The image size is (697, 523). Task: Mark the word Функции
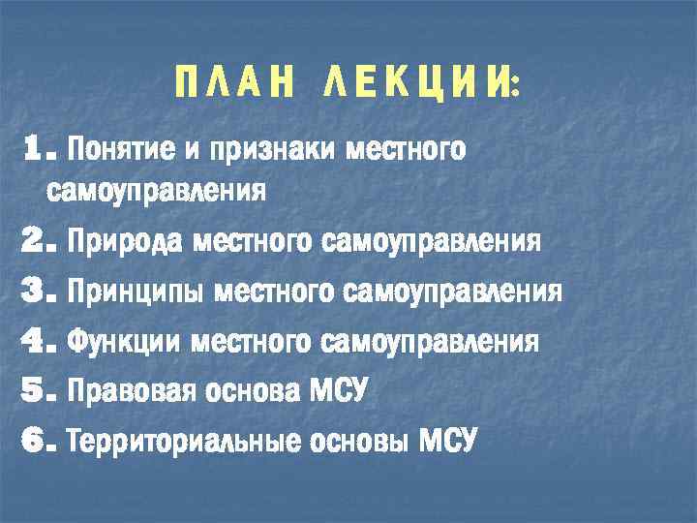point(127,341)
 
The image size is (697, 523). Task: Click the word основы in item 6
point(360,443)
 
